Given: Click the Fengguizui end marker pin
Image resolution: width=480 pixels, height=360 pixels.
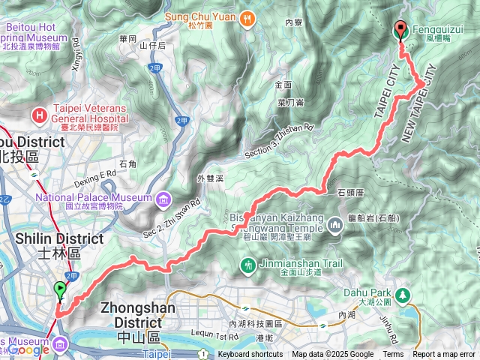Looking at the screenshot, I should pyautogui.click(x=400, y=28).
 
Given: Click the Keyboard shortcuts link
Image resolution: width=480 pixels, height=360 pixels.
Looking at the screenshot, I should pyautogui.click(x=250, y=355).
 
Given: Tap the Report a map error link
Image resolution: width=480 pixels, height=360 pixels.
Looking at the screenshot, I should pyautogui.click(x=445, y=355).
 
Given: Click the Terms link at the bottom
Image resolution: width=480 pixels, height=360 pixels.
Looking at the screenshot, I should pyautogui.click(x=393, y=355).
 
